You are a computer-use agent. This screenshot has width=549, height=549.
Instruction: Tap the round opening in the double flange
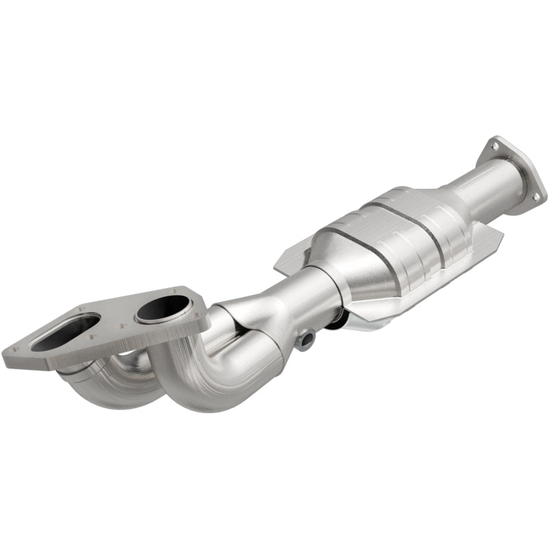click(163, 310)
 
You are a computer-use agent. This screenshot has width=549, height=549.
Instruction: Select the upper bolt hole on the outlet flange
click(493, 145)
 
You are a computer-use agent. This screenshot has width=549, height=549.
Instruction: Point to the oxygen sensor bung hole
click(305, 338)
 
